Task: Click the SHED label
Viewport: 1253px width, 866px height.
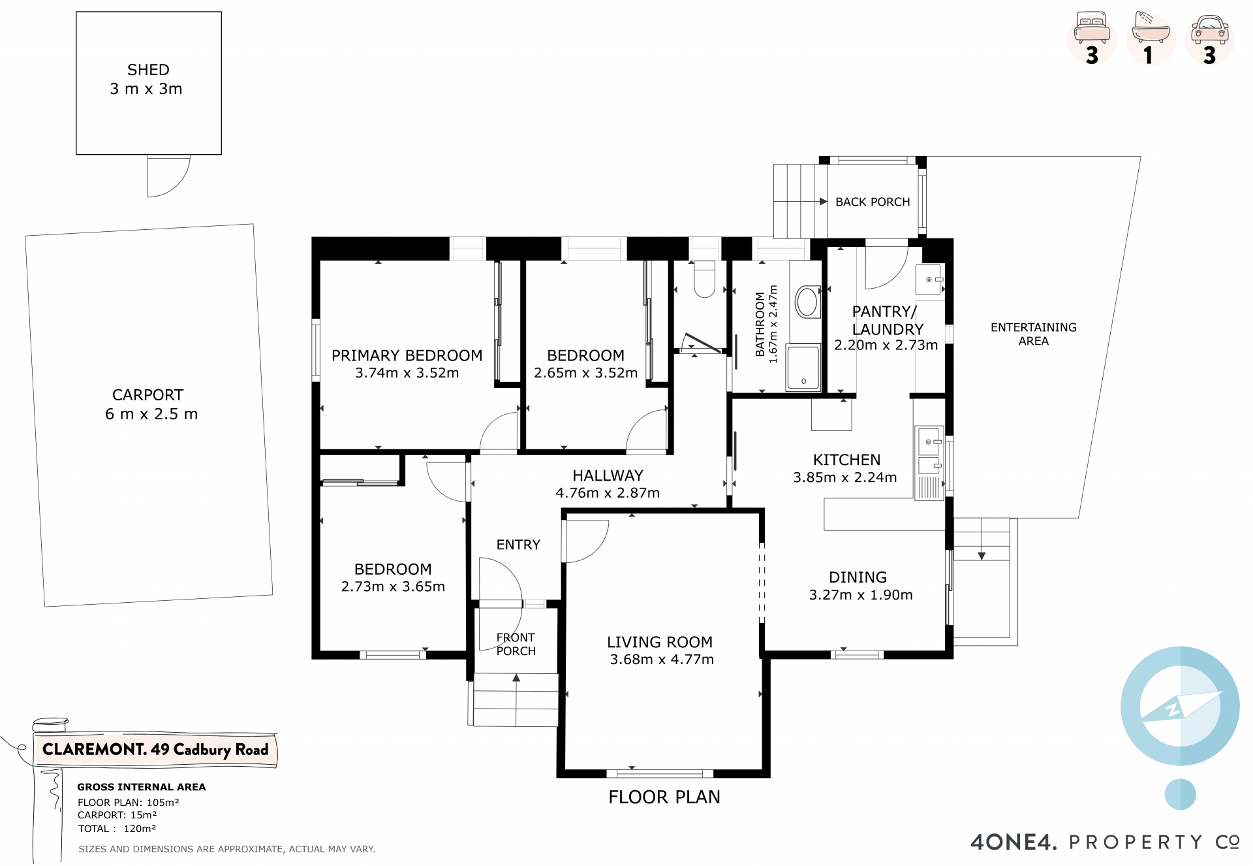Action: tap(148, 70)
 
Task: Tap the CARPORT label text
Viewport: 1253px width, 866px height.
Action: tap(147, 395)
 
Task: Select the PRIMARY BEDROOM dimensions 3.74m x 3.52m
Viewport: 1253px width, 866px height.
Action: tap(407, 373)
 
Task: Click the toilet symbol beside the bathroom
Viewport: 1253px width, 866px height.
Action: tap(704, 279)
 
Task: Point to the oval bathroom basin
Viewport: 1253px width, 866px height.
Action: tap(807, 302)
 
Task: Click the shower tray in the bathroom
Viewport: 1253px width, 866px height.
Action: tap(803, 367)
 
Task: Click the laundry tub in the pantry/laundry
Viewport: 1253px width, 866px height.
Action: tap(929, 280)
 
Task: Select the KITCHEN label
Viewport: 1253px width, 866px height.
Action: tap(846, 460)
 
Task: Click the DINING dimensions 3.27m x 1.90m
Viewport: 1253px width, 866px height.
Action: tap(861, 595)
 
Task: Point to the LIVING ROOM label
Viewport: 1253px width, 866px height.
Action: tap(660, 642)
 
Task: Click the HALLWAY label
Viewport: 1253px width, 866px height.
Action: tap(608, 475)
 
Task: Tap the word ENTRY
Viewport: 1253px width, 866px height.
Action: tap(518, 545)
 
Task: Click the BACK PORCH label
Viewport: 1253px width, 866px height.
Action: tap(873, 202)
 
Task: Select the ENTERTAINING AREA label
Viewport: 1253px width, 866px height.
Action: tap(1034, 334)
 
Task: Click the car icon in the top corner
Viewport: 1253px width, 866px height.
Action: tap(1209, 30)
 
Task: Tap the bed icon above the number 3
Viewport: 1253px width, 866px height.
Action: tap(1092, 28)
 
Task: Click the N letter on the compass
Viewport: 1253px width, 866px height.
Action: tap(1173, 710)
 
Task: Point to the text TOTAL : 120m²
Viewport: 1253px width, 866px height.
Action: tap(117, 829)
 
